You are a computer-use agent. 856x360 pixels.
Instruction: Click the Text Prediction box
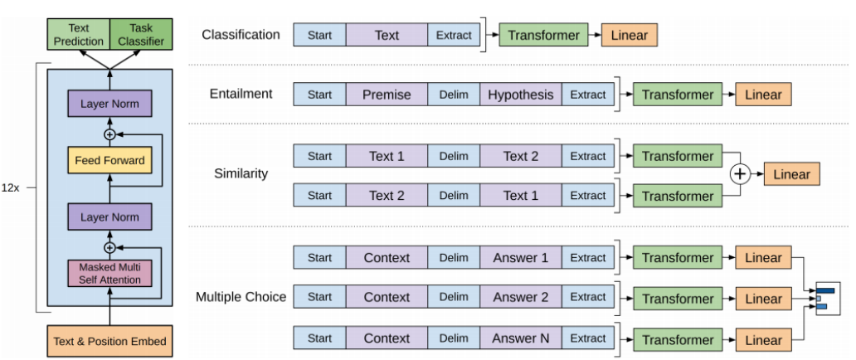[x=79, y=34]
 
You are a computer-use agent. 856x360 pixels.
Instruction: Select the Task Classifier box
[x=141, y=34]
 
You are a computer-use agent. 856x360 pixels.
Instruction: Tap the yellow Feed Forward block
[x=109, y=161]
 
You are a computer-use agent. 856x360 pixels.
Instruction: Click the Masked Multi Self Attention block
[x=109, y=274]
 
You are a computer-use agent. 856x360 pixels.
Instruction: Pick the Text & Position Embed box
[x=109, y=342]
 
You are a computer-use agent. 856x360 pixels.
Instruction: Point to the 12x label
[x=11, y=187]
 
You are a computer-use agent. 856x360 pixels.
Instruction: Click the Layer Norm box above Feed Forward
[x=109, y=104]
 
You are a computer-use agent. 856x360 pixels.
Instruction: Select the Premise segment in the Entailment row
[x=387, y=95]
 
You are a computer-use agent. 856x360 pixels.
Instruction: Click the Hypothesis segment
[x=521, y=95]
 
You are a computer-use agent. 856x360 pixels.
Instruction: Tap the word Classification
[x=241, y=35]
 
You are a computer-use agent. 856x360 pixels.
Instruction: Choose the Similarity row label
[x=241, y=173]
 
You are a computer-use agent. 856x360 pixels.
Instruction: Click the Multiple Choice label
[x=241, y=297]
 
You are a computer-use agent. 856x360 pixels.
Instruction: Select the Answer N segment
[x=521, y=338]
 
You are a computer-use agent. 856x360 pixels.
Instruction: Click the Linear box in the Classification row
[x=630, y=35]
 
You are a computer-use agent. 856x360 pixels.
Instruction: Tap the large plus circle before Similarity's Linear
[x=740, y=174]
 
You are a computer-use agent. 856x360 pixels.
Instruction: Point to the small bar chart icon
[x=828, y=299]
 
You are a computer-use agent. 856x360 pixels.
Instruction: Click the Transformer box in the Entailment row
[x=678, y=95]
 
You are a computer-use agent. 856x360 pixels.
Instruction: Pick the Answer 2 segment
[x=521, y=297]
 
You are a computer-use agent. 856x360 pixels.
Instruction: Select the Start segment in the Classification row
[x=319, y=35]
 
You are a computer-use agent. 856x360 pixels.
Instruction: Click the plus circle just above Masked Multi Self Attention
[x=109, y=247]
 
